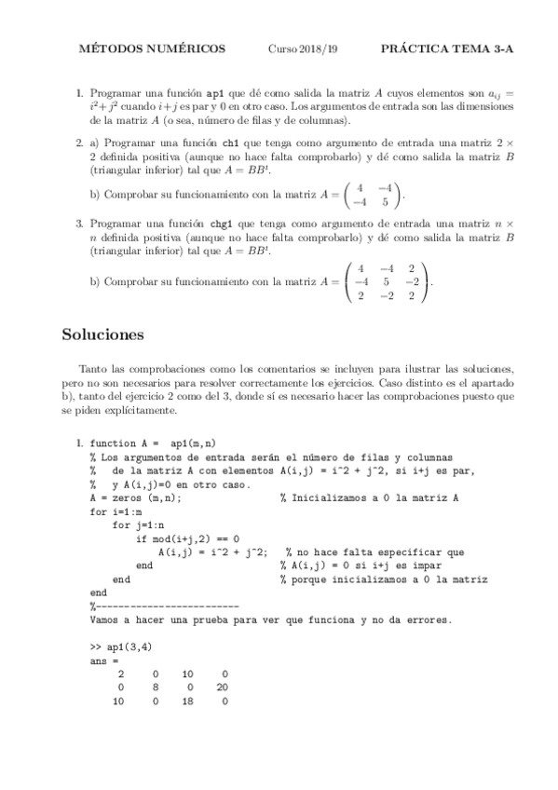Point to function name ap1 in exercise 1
214,94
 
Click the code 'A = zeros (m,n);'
135,498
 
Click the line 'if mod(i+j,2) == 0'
187,538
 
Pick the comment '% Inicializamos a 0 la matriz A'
369,498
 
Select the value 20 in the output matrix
221,688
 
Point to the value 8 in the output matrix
154,688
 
